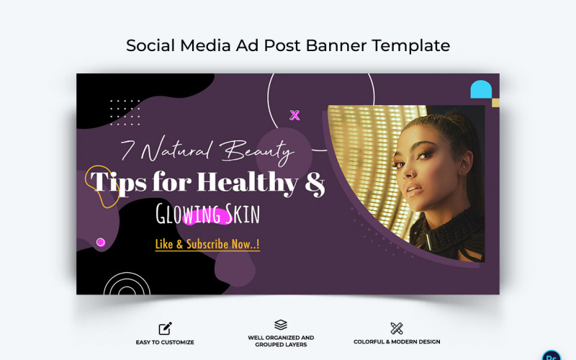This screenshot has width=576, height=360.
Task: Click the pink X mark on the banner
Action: click(x=294, y=115)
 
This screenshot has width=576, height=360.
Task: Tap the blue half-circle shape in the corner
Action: click(x=481, y=90)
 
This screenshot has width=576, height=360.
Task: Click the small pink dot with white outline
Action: click(x=101, y=243)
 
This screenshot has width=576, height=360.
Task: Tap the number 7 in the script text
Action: click(x=128, y=150)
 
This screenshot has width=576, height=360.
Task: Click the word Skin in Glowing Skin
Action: click(x=241, y=213)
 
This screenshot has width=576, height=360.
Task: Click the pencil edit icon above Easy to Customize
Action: click(x=166, y=328)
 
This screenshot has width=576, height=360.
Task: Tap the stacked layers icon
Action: click(x=281, y=325)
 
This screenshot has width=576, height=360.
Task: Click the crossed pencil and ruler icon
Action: click(x=397, y=328)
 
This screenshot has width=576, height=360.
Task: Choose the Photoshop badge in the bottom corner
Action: click(x=552, y=355)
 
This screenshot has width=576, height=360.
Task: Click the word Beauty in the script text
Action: click(x=258, y=151)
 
